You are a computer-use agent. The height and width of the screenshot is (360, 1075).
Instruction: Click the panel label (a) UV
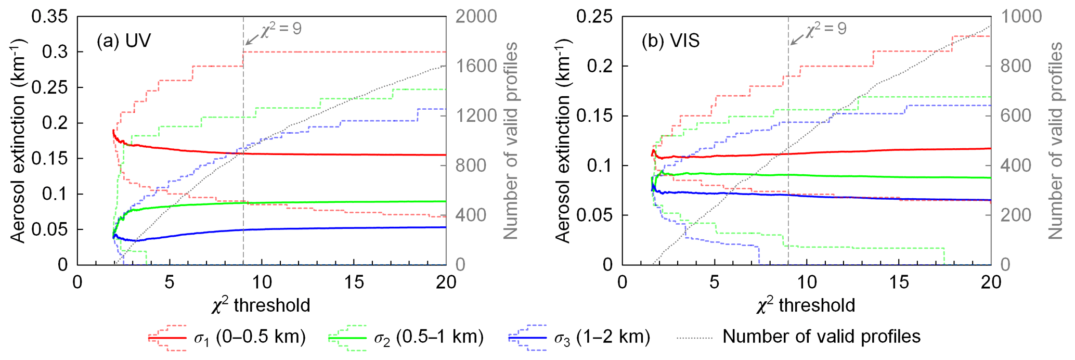point(123,41)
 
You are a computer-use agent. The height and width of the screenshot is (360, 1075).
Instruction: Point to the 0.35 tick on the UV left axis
point(50,17)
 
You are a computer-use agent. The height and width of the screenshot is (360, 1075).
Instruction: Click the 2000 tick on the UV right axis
point(476,17)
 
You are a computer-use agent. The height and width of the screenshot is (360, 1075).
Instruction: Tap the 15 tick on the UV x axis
point(354,282)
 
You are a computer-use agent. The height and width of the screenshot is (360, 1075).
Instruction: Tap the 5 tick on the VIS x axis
point(715,282)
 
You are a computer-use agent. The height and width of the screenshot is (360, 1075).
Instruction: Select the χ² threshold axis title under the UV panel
point(261,305)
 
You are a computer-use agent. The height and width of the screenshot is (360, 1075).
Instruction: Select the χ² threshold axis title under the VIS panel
point(806,305)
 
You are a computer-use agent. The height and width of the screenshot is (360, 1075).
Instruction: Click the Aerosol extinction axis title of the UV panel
point(19,140)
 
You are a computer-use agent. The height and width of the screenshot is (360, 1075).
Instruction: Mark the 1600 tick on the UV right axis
point(476,66)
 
